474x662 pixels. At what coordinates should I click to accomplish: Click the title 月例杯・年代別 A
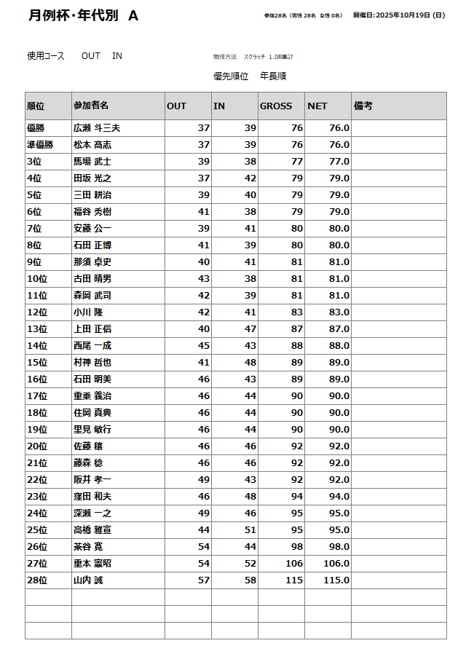tap(83, 15)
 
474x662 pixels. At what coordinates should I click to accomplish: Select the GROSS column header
tap(276, 106)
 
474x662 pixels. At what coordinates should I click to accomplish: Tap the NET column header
tap(317, 106)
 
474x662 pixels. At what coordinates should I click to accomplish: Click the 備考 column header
tap(363, 106)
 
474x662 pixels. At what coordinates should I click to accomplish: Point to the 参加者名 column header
tap(91, 106)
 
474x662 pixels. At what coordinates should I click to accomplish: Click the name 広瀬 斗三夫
tap(97, 128)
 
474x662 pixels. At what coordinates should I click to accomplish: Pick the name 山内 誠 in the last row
tap(88, 580)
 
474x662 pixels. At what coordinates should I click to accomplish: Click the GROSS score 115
tap(294, 580)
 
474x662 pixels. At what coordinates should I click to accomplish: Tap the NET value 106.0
tap(337, 564)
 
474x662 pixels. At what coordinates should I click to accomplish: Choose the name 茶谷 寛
tap(88, 547)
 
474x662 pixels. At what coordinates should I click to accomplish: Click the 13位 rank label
tap(37, 329)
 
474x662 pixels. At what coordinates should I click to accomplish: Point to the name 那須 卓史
tap(92, 262)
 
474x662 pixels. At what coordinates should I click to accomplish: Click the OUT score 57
tap(203, 580)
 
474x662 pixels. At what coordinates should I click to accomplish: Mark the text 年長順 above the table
tap(273, 76)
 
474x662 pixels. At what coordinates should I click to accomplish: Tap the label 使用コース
tap(46, 56)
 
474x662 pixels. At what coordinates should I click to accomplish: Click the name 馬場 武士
tap(92, 162)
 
